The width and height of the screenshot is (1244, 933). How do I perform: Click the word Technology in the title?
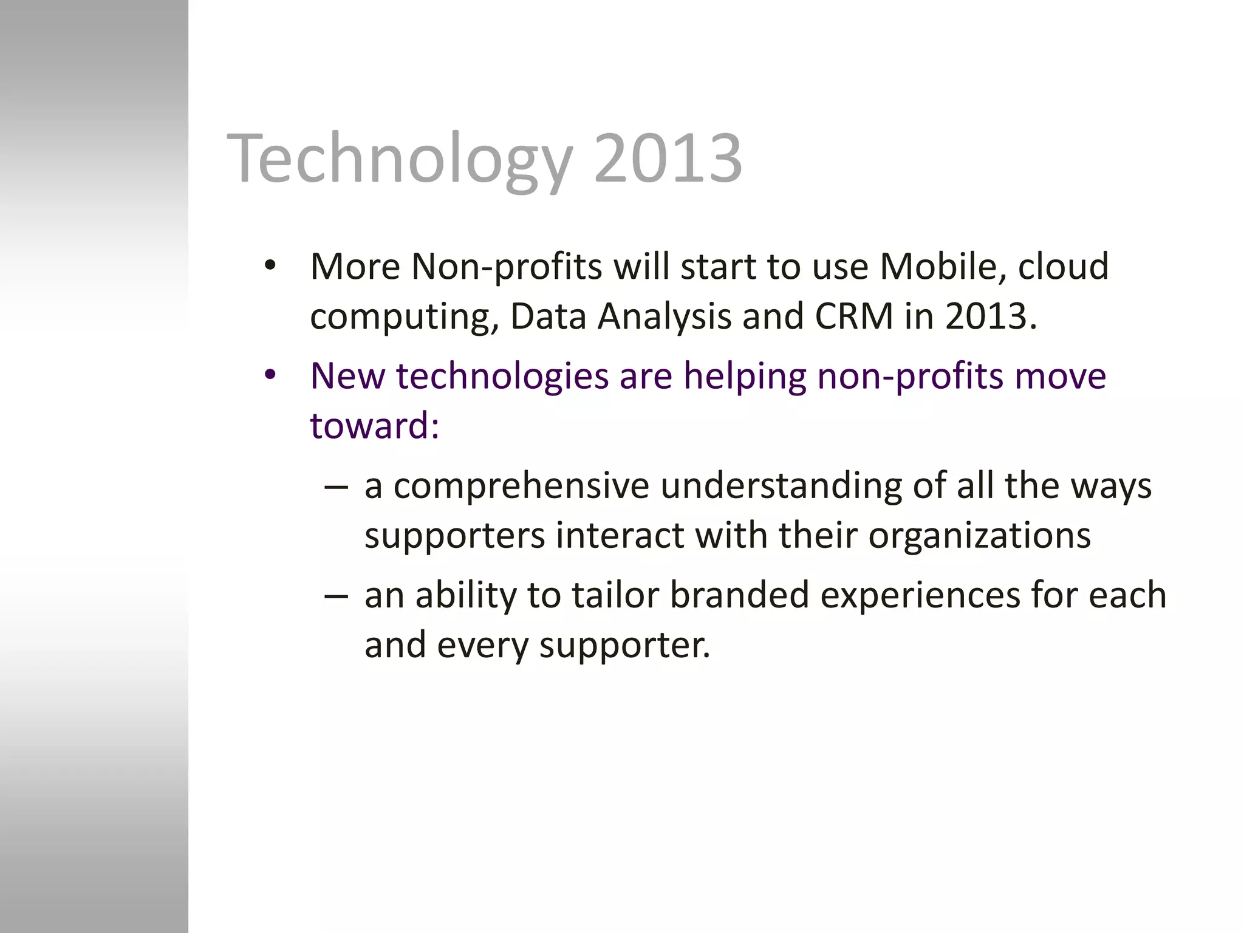[x=399, y=159]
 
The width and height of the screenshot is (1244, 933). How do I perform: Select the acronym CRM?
[x=853, y=316]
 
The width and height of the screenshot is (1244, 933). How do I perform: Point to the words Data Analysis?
[x=621, y=318]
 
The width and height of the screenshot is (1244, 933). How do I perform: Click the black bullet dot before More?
[x=270, y=265]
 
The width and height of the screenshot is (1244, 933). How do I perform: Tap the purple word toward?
[x=374, y=425]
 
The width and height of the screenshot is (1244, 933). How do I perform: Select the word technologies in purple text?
[x=502, y=377]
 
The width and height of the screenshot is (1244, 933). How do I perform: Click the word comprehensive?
[x=521, y=487]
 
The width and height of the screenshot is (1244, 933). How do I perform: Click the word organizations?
[x=979, y=536]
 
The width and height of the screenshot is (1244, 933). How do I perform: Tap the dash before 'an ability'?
[x=337, y=596]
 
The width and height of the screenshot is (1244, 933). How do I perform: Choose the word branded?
[x=739, y=595]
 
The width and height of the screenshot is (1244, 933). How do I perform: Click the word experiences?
[x=920, y=596]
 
